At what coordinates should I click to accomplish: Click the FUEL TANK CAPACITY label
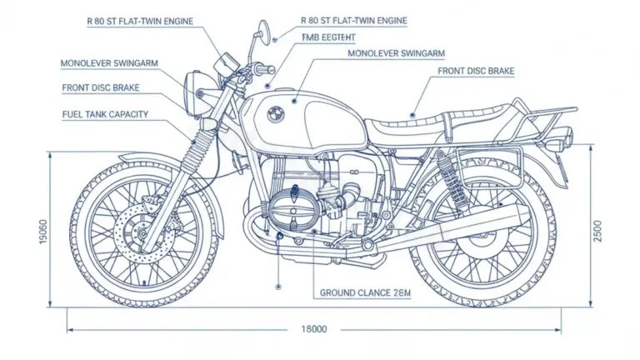click(x=105, y=115)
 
